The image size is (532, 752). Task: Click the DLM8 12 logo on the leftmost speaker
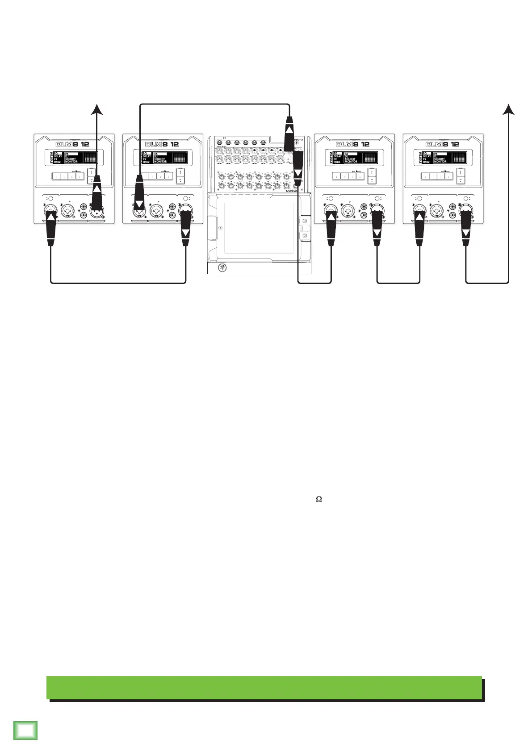tap(74, 144)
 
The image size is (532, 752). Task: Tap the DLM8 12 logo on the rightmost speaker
tap(442, 144)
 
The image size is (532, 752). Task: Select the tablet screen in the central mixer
tap(259, 228)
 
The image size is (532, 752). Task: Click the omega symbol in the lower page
tap(319, 499)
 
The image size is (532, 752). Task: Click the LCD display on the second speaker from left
tap(163, 158)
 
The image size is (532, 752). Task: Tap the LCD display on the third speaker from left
tap(354, 158)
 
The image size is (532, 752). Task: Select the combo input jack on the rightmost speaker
tap(437, 210)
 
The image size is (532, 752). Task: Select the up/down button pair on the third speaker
tap(372, 176)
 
